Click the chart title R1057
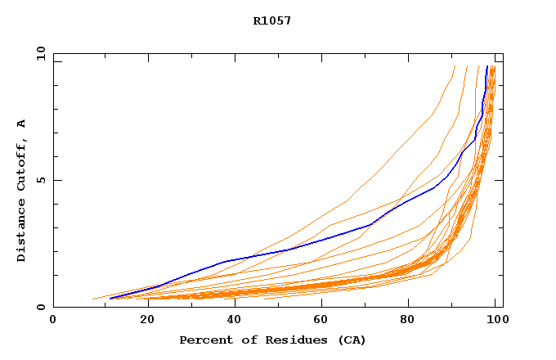(x=271, y=20)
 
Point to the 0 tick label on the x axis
(x=53, y=320)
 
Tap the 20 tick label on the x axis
(x=141, y=320)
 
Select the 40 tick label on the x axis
(x=231, y=320)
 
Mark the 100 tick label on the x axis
(x=495, y=320)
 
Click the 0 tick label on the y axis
(x=41, y=307)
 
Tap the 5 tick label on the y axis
(x=41, y=180)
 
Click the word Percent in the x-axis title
(x=204, y=340)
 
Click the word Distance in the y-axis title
(x=21, y=232)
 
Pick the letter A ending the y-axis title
(x=21, y=124)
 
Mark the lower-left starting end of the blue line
(x=110, y=299)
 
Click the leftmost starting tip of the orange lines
(x=92, y=299)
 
